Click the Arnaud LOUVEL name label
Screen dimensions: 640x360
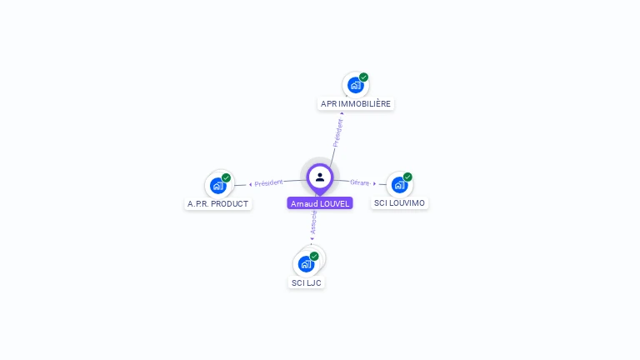pos(320,203)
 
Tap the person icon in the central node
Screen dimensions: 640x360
pos(320,177)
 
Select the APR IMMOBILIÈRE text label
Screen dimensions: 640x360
pos(356,104)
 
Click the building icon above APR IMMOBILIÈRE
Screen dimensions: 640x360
pos(356,85)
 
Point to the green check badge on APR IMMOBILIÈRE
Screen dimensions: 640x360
pos(364,77)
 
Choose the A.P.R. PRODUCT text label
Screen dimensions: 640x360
pos(218,203)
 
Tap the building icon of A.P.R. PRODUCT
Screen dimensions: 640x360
pos(218,185)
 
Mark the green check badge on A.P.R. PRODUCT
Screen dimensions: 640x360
pos(226,177)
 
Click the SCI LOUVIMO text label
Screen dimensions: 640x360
pos(399,203)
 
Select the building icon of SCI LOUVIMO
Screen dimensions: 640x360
pos(400,184)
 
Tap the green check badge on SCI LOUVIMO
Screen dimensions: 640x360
pos(407,177)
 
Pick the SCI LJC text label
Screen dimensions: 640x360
pos(306,282)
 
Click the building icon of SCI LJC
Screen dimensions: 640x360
pos(306,263)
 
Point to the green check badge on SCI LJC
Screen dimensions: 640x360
pos(314,256)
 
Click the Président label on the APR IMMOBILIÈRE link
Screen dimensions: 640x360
pos(337,132)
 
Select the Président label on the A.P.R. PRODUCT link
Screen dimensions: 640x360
pos(269,182)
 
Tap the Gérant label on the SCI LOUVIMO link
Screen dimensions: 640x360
pos(360,182)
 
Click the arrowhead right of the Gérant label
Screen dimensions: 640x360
pos(375,183)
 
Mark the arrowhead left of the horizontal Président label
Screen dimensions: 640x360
pos(251,183)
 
